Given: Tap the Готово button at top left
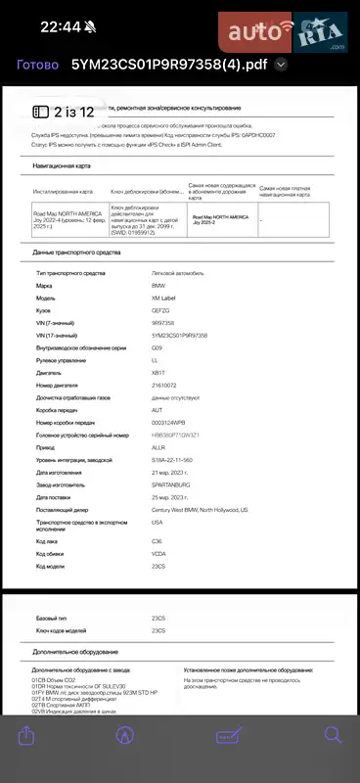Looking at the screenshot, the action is [x=38, y=65].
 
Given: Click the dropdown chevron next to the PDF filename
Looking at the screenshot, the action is [x=282, y=65].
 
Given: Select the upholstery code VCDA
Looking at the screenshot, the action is [x=158, y=554].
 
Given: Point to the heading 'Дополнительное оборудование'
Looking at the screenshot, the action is [x=77, y=651].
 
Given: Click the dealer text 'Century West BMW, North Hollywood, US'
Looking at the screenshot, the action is [x=200, y=510].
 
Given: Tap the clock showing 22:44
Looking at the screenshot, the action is [x=61, y=26].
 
